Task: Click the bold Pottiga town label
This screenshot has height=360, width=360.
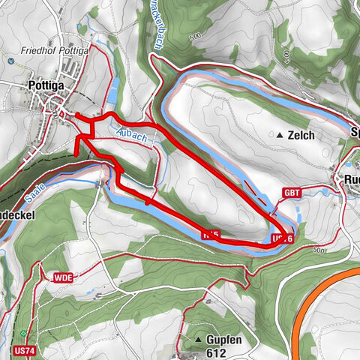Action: coord(46,85)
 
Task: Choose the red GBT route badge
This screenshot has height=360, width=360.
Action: coord(292,192)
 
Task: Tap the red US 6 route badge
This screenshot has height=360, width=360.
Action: coord(280,238)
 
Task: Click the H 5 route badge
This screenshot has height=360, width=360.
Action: coord(211,235)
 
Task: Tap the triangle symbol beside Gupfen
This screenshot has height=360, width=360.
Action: coord(197,340)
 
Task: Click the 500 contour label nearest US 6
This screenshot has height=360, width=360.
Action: coord(321,249)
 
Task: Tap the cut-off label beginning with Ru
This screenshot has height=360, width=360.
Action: coord(351,180)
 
